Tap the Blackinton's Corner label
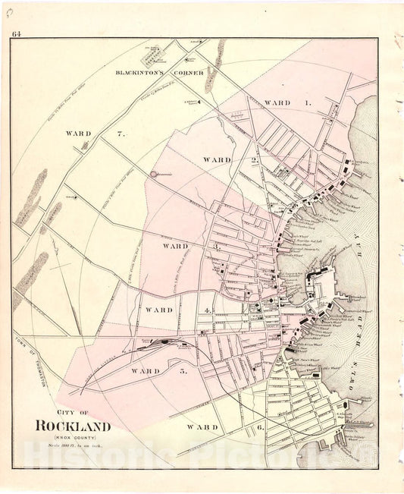pyautogui.click(x=158, y=73)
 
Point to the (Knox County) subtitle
pyautogui.click(x=72, y=437)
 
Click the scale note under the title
pyautogui.click(x=72, y=445)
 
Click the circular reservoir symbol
pyautogui.click(x=154, y=174)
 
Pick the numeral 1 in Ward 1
pyautogui.click(x=308, y=102)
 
